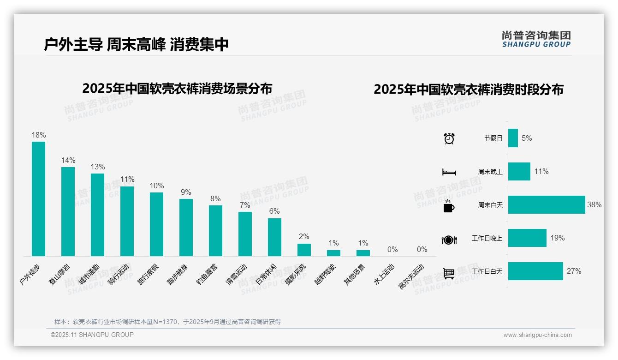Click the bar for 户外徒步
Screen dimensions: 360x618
(38, 199)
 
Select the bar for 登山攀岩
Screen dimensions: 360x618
(68, 211)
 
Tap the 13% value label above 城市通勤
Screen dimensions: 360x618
(97, 167)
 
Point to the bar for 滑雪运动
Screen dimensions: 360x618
(245, 234)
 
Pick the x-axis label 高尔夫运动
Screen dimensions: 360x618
(411, 277)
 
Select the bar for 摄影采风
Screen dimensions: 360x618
(304, 250)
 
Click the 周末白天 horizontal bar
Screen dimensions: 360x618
(546, 205)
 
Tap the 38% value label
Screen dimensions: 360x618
(594, 205)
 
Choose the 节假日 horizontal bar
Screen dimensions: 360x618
(513, 138)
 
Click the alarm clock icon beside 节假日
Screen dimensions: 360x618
(449, 138)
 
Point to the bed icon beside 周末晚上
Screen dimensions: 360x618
(449, 172)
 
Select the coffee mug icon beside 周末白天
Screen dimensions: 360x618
(448, 206)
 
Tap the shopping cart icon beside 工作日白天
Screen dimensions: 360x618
(449, 273)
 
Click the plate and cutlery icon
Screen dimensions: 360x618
(449, 240)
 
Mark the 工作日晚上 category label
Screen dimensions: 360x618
(487, 239)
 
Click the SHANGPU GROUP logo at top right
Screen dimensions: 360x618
(536, 39)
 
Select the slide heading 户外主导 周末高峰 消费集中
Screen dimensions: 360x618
(137, 45)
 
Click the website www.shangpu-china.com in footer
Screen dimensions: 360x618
(537, 335)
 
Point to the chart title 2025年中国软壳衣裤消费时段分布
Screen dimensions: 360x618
(469, 90)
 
